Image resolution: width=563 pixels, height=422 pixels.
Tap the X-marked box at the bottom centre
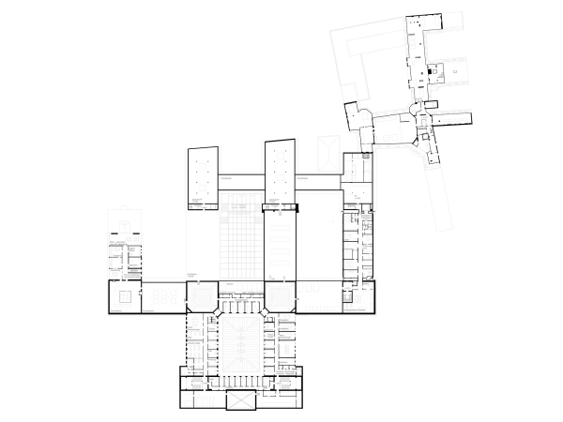click(241, 399)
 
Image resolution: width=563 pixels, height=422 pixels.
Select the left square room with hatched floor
click(201, 296)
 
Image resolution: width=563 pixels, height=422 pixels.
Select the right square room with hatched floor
click(281, 296)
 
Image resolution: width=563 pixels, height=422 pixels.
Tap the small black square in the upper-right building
click(434, 71)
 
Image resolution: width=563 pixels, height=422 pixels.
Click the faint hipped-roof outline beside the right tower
click(327, 150)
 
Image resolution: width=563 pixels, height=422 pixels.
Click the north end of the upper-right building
click(417, 23)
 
